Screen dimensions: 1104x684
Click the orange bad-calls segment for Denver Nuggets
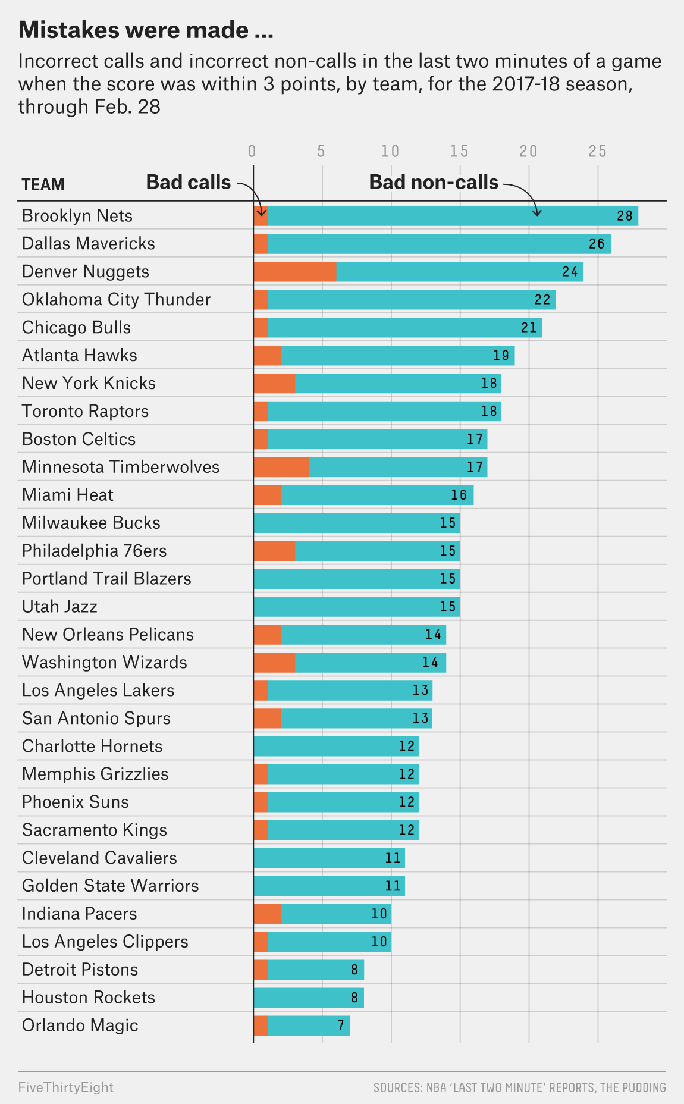[295, 272]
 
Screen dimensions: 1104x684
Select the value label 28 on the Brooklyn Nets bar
[625, 216]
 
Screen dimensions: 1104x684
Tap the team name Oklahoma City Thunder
[116, 299]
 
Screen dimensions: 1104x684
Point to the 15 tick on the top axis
[459, 151]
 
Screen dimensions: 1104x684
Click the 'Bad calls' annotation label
[188, 182]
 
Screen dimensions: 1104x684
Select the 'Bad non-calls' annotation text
[434, 182]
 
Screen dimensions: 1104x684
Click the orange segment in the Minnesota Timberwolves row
[281, 467]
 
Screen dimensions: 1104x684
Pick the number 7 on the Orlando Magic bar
[341, 1025]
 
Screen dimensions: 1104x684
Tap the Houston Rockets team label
[89, 998]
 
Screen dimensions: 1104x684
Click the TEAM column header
[43, 185]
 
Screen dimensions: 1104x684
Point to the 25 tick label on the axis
[598, 151]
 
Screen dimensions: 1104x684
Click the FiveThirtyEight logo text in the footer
[66, 1087]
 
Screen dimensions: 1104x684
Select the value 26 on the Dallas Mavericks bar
[597, 244]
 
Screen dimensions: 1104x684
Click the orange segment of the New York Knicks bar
[274, 383]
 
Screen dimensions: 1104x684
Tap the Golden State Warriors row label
[110, 886]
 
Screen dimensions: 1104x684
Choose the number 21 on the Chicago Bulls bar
[529, 328]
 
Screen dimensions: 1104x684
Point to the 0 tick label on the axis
[252, 151]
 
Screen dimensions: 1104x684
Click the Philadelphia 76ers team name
[94, 551]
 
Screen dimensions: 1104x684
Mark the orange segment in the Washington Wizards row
[274, 663]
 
